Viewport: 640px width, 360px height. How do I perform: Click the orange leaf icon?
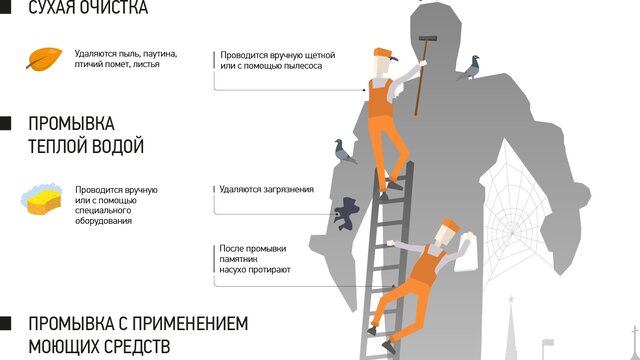click(x=44, y=59)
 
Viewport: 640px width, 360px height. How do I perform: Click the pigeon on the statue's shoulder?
click(x=471, y=67)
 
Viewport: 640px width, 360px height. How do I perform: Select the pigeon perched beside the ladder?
click(x=344, y=151)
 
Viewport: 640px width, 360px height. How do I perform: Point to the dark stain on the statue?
click(x=347, y=213)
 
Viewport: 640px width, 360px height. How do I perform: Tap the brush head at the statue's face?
click(x=428, y=39)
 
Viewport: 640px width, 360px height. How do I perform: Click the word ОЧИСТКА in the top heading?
click(x=113, y=7)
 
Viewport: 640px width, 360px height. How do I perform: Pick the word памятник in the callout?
click(x=238, y=259)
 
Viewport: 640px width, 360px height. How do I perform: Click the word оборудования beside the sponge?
click(x=103, y=221)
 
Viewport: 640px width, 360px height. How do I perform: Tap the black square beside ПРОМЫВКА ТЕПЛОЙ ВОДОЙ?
click(x=5, y=124)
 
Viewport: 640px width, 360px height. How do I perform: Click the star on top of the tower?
click(x=510, y=300)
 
